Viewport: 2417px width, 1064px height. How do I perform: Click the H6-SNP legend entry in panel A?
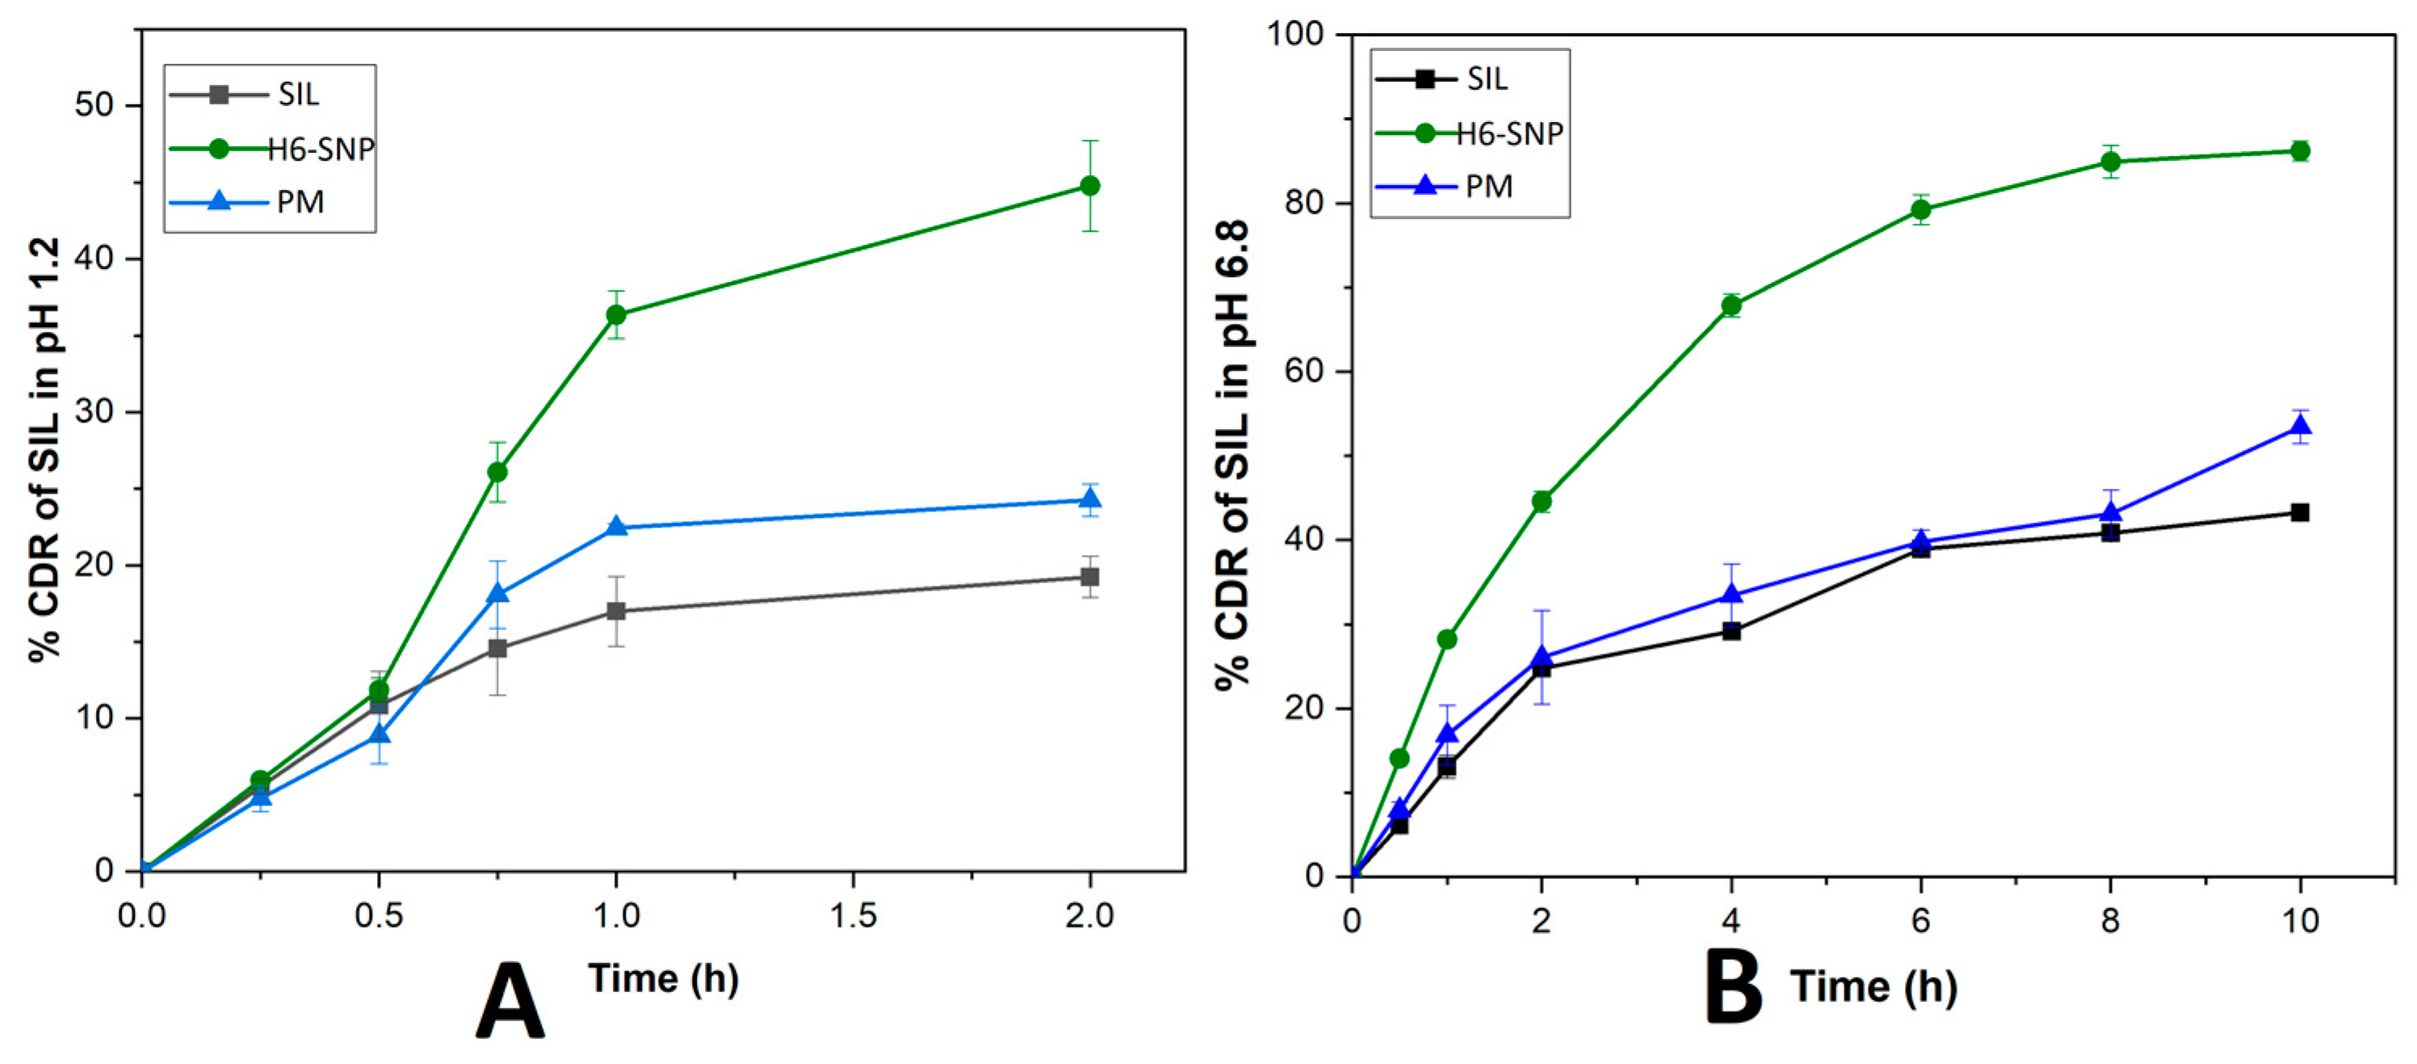click(x=272, y=148)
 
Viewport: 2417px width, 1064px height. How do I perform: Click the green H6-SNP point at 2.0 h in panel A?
click(x=1089, y=186)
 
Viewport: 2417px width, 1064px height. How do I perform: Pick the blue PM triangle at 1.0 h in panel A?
click(x=616, y=527)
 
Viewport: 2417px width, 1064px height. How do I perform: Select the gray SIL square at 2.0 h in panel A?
click(x=1089, y=576)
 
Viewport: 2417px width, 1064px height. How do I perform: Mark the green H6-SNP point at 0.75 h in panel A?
click(x=497, y=472)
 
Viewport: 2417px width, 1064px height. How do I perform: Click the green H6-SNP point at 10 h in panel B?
click(x=2300, y=151)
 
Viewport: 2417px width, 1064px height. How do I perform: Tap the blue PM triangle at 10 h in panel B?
click(x=2300, y=426)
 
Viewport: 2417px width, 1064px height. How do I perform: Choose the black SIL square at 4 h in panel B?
click(x=1731, y=632)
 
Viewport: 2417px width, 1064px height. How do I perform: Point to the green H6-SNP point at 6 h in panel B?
click(x=1920, y=210)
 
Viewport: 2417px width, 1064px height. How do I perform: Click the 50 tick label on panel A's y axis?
click(x=94, y=105)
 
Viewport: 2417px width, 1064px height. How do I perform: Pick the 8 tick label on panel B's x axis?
click(x=2110, y=921)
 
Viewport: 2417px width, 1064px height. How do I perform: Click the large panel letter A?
click(x=510, y=1001)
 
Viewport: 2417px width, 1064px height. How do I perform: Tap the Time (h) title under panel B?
click(x=1874, y=988)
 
